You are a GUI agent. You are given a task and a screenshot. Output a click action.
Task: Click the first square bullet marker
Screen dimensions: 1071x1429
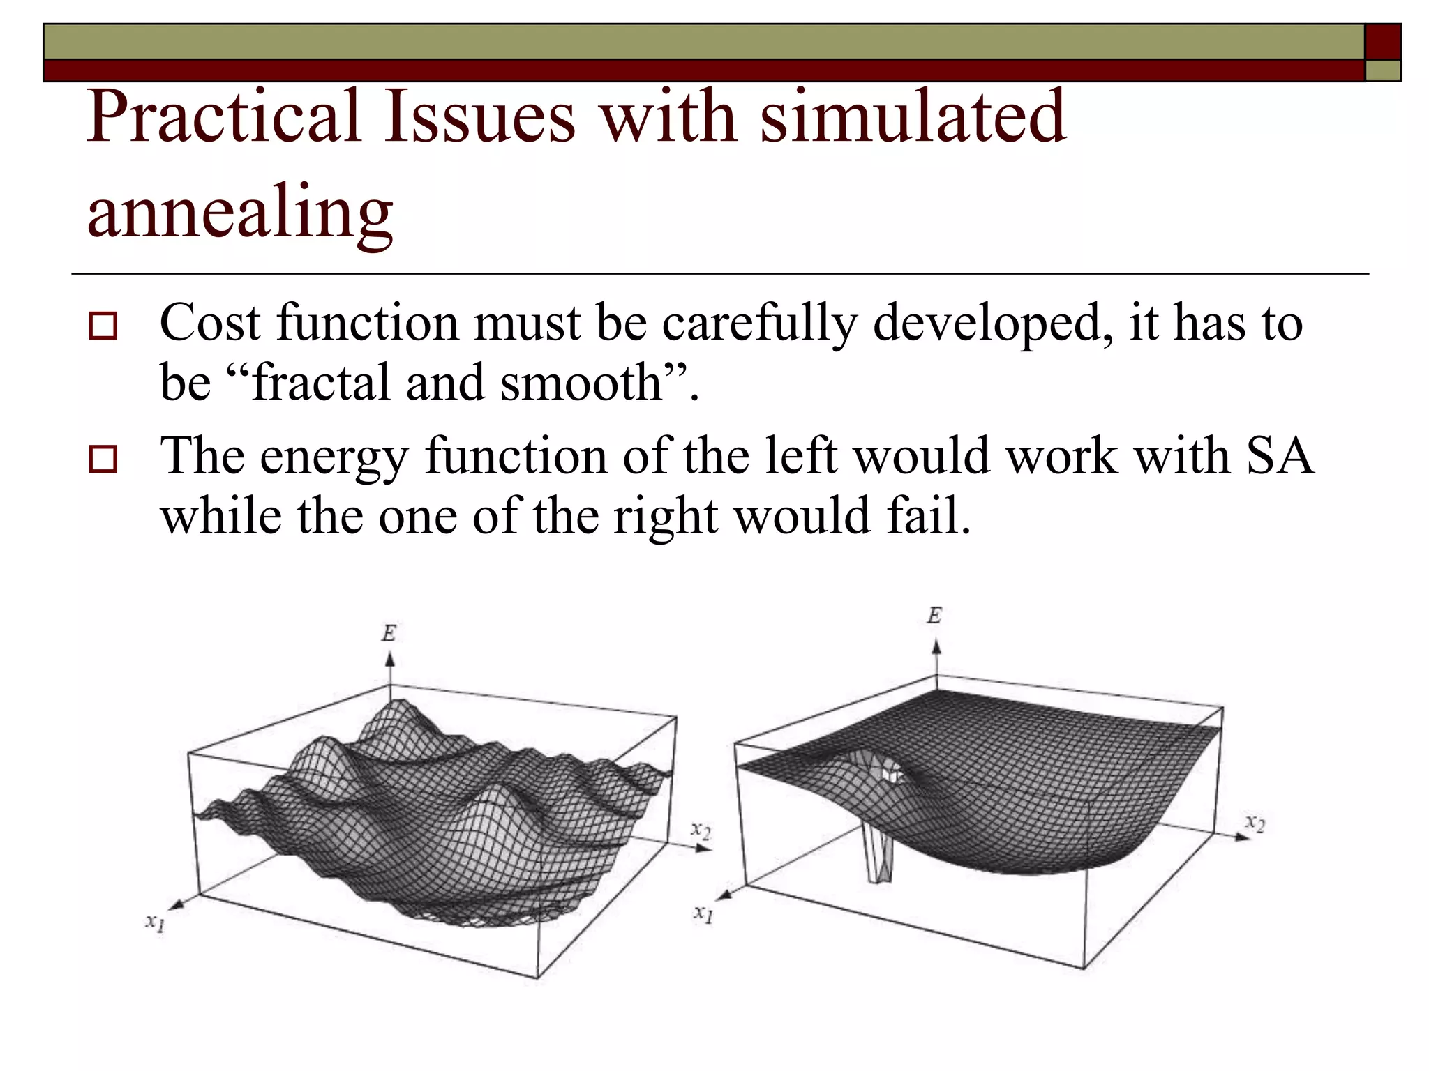(103, 326)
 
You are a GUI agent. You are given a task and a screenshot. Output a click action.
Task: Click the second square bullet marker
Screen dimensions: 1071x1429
(103, 459)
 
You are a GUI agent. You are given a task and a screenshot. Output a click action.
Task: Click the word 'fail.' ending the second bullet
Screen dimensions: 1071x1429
(928, 516)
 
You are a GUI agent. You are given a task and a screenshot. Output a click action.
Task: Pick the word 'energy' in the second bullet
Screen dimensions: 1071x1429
(334, 457)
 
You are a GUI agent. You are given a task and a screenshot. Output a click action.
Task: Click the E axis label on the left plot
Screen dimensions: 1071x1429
(389, 633)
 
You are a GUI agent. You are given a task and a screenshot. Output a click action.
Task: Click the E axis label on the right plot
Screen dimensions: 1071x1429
(934, 616)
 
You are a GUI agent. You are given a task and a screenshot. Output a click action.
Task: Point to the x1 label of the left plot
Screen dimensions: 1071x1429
(155, 922)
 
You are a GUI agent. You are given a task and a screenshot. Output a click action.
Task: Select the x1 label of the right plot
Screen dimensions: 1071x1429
(703, 913)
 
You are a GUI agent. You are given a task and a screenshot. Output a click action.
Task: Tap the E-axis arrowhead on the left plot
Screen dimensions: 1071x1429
(390, 659)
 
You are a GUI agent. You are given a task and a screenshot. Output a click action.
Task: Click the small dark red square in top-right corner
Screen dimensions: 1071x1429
(1383, 41)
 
